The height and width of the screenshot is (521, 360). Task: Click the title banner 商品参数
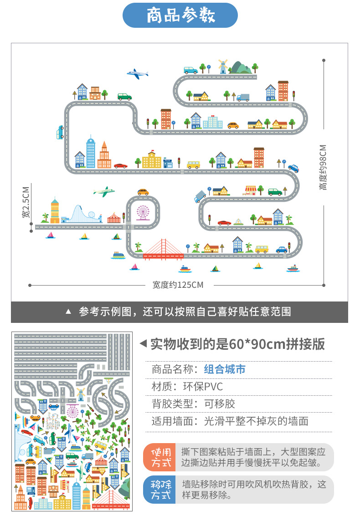click(180, 15)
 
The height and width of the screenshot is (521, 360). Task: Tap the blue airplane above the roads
click(138, 74)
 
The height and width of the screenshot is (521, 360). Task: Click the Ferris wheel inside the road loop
click(143, 212)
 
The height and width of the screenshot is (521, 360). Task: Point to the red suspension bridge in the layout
click(163, 250)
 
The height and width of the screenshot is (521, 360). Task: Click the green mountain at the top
click(241, 67)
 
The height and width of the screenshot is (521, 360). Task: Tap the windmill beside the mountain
click(222, 66)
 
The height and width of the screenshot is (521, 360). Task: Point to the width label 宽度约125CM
click(178, 285)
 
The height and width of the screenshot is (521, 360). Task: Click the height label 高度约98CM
click(323, 167)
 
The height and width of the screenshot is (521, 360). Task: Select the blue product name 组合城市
click(225, 369)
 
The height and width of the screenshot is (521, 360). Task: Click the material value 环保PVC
click(203, 387)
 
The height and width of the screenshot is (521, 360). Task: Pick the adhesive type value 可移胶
click(220, 404)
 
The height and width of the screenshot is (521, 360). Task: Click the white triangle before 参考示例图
click(69, 312)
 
